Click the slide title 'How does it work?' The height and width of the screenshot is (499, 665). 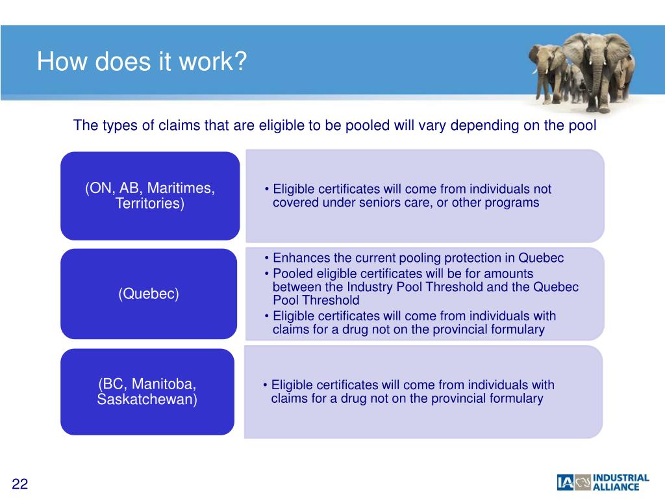pos(142,62)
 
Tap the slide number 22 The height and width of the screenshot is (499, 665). pos(20,484)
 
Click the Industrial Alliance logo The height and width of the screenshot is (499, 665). pos(603,482)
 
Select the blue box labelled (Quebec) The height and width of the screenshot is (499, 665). pos(149,294)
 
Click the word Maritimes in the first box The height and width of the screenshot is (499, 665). pos(181,188)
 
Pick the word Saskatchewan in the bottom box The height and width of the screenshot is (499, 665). pos(147,399)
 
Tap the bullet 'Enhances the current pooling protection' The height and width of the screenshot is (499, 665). pos(418,258)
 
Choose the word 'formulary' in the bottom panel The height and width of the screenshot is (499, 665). pos(512,398)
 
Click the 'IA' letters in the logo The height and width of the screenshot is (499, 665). pos(565,482)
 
